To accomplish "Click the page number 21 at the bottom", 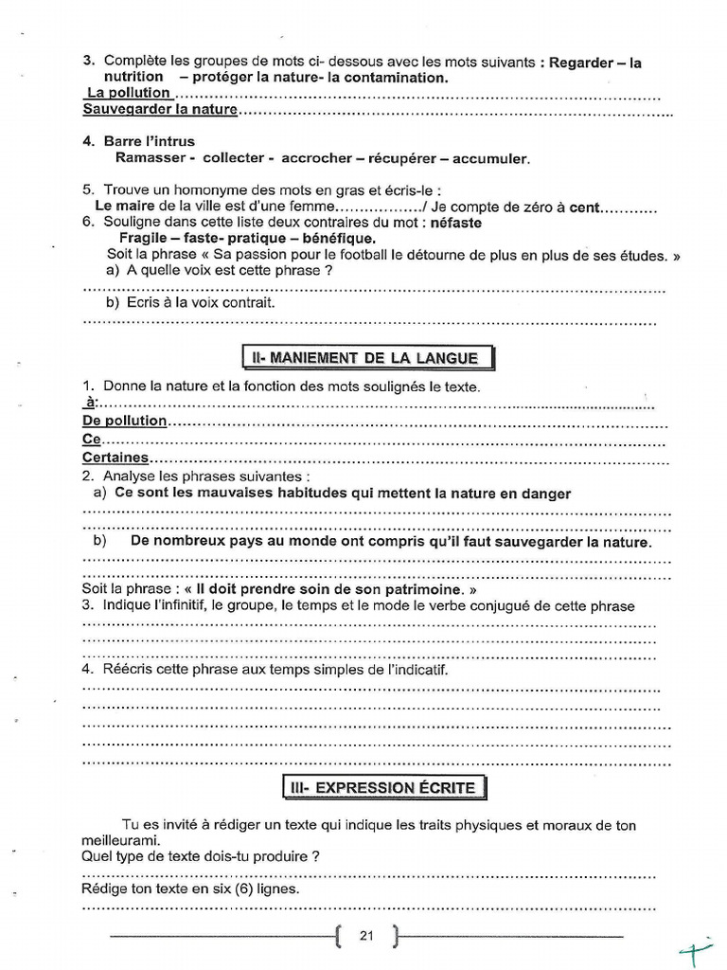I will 367,937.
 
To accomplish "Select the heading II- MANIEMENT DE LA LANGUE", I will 369,358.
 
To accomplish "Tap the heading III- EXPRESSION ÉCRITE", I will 384,788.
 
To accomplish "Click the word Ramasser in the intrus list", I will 150,158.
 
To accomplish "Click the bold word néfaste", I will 450,224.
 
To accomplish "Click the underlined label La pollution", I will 129,93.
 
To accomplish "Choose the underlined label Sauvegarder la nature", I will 160,110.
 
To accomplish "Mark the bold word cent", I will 584,207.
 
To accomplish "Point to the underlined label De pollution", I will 125,421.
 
